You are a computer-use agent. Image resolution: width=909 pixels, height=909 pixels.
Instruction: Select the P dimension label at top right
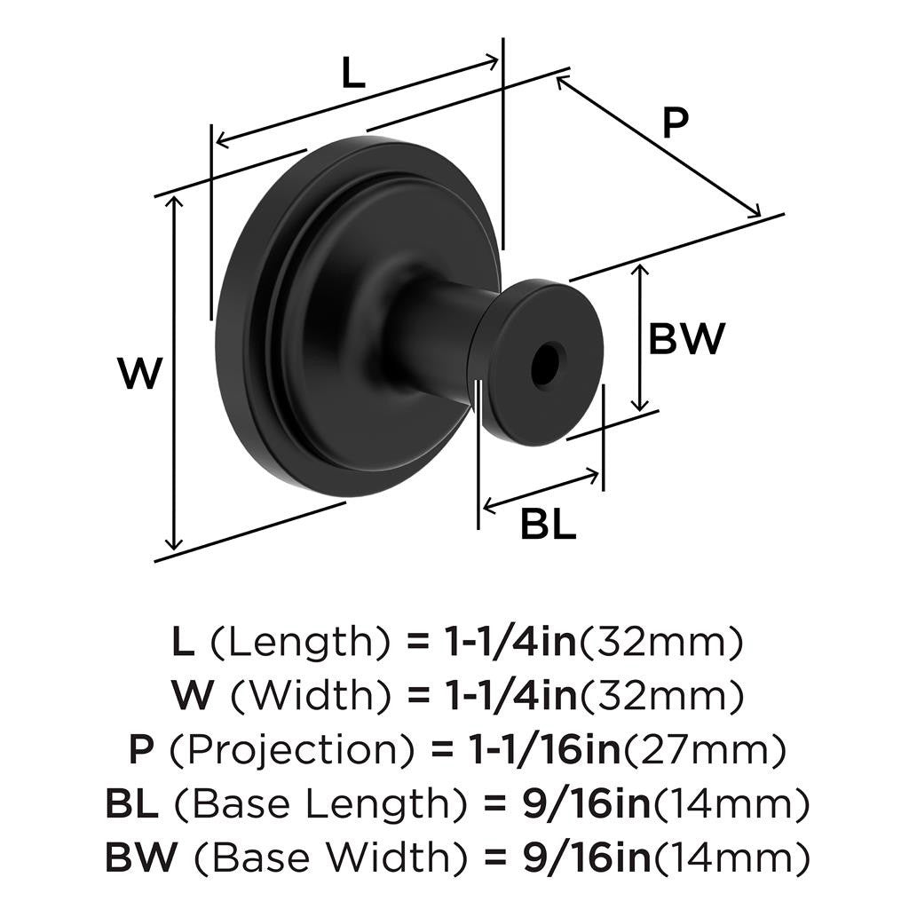[676, 123]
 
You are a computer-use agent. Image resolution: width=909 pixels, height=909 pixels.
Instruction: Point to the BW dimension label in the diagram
[687, 339]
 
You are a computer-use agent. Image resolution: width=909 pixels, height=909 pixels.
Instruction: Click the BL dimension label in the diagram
[548, 524]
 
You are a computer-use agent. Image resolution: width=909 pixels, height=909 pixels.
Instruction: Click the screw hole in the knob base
[545, 363]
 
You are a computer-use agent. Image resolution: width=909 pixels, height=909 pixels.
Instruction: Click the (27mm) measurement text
[706, 751]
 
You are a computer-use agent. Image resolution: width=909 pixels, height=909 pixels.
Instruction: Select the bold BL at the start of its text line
[131, 805]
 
